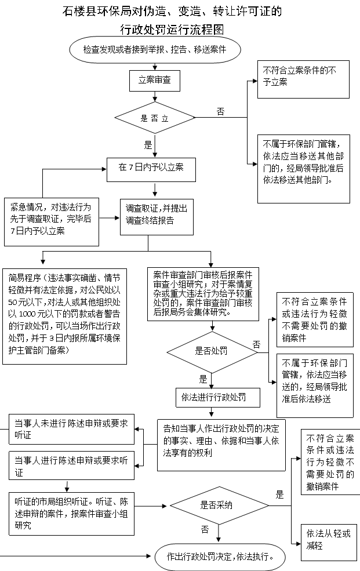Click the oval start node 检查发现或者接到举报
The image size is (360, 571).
pyautogui.click(x=155, y=49)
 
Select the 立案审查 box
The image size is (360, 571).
pyautogui.click(x=155, y=81)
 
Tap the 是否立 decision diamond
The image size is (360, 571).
pyautogui.click(x=155, y=118)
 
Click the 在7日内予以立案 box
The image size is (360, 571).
pyautogui.click(x=151, y=170)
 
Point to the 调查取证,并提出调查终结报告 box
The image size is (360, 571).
pyautogui.click(x=157, y=217)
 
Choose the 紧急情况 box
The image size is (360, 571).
pyautogui.click(x=52, y=222)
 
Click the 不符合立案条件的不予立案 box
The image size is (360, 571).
pyautogui.click(x=303, y=79)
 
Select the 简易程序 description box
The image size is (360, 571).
pyautogui.click(x=65, y=317)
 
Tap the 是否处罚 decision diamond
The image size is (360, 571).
pyautogui.click(x=212, y=352)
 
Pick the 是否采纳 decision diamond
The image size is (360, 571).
pyautogui.click(x=219, y=505)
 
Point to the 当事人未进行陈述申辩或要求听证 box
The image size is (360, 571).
pyautogui.click(x=71, y=429)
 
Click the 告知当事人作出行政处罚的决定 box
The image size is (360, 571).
pyautogui.click(x=221, y=445)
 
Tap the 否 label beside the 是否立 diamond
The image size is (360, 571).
pyautogui.click(x=221, y=111)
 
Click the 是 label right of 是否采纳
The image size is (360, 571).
pyautogui.click(x=279, y=494)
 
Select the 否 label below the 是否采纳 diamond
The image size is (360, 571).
pyautogui.click(x=205, y=529)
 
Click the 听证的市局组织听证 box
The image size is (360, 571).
pyautogui.click(x=71, y=514)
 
